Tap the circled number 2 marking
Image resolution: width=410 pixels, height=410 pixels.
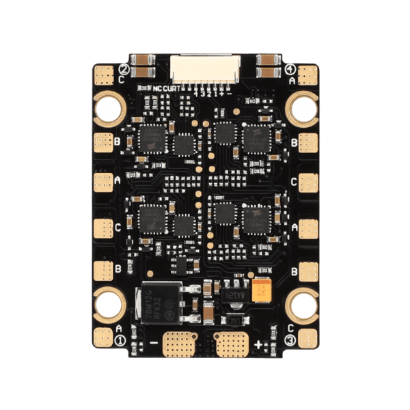[124, 69]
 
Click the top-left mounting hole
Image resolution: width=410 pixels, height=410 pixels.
[108, 107]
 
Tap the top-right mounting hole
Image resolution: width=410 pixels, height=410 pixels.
[301, 107]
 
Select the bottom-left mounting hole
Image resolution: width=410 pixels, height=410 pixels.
[108, 302]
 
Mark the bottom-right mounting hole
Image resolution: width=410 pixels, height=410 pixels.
[301, 302]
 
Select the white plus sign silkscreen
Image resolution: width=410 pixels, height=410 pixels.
[258, 343]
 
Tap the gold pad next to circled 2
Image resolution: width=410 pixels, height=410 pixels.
[104, 72]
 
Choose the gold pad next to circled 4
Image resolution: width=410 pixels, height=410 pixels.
[306, 72]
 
